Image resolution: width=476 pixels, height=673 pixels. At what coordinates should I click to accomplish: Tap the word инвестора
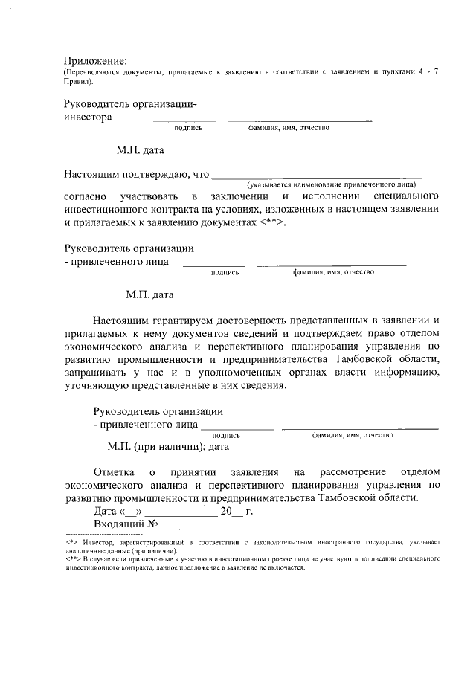click(88, 117)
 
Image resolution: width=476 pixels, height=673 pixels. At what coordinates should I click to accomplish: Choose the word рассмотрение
click(350, 471)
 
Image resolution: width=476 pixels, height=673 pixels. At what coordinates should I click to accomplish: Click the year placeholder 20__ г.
click(237, 512)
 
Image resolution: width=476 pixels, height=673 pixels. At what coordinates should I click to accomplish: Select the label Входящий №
click(126, 525)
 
